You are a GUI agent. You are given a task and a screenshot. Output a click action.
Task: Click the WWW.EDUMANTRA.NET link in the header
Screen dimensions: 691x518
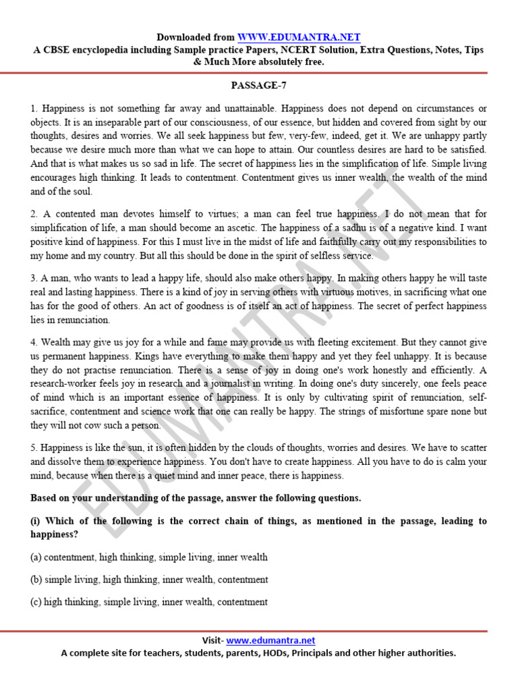298,37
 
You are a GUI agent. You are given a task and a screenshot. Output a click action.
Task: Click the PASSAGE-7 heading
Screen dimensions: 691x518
259,86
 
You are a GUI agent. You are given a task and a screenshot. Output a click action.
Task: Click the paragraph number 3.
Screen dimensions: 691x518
34,278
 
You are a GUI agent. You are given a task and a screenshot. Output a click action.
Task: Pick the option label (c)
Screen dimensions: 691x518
37,602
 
